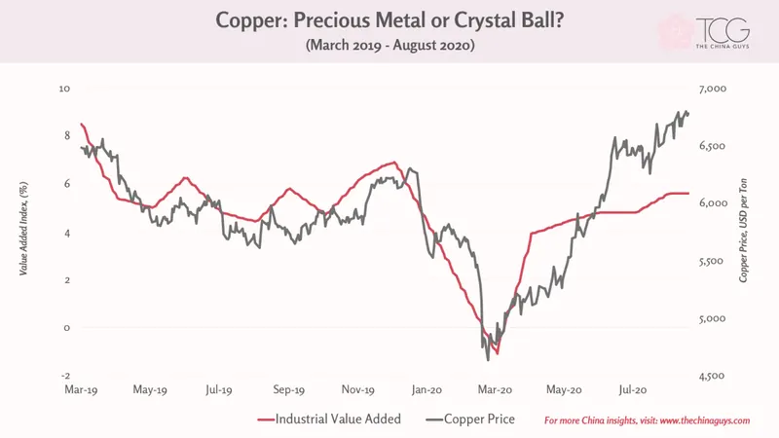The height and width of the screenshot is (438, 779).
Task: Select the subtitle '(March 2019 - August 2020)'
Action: pyautogui.click(x=390, y=45)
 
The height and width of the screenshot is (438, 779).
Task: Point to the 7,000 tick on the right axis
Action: pyautogui.click(x=713, y=89)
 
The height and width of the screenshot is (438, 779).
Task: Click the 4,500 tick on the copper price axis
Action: pyautogui.click(x=713, y=376)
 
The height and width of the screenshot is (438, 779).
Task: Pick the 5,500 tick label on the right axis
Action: pyautogui.click(x=713, y=261)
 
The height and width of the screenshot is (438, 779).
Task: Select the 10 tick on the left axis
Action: pyautogui.click(x=64, y=89)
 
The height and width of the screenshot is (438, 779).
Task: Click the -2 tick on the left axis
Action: pyautogui.click(x=65, y=376)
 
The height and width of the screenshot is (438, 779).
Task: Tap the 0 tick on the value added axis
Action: pyautogui.click(x=67, y=328)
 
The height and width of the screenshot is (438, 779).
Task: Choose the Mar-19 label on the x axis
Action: pyautogui.click(x=81, y=390)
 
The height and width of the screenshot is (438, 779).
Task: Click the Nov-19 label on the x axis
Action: pyautogui.click(x=357, y=390)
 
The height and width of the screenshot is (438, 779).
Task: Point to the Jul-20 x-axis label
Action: pyautogui.click(x=633, y=390)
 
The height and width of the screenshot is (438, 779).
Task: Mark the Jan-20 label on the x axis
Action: pyautogui.click(x=427, y=390)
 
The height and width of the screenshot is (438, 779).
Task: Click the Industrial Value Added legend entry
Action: pyautogui.click(x=329, y=420)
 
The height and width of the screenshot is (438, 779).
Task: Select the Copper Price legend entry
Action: pyautogui.click(x=470, y=420)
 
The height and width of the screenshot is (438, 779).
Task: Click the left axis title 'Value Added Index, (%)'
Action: pyautogui.click(x=23, y=229)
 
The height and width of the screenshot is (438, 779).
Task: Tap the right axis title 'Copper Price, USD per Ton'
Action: pyautogui.click(x=743, y=231)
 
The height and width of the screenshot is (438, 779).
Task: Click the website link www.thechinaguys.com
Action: pyautogui.click(x=705, y=420)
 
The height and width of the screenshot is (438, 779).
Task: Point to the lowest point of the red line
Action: pyautogui.click(x=498, y=353)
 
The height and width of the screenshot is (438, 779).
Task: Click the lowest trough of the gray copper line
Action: pyautogui.click(x=488, y=360)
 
